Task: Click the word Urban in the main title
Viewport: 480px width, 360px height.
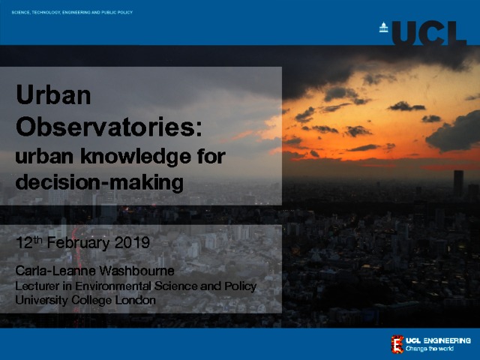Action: coord(53,94)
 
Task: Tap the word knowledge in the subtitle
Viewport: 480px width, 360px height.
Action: coord(136,157)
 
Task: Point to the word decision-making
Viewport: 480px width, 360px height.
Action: coord(100,182)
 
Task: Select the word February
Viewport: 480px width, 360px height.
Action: coord(78,243)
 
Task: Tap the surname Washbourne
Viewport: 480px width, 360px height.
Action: coord(136,271)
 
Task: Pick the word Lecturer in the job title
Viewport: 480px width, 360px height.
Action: coord(37,286)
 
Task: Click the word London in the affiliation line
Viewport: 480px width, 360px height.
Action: coord(135,300)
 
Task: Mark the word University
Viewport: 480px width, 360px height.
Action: coord(41,300)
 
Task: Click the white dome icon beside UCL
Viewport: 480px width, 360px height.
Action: coord(383,27)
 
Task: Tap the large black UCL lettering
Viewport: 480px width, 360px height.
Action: coord(429,33)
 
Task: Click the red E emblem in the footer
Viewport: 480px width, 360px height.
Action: coord(397,344)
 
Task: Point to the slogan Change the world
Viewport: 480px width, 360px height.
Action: coord(429,349)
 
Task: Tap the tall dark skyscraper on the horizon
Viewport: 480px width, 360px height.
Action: coord(458,183)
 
